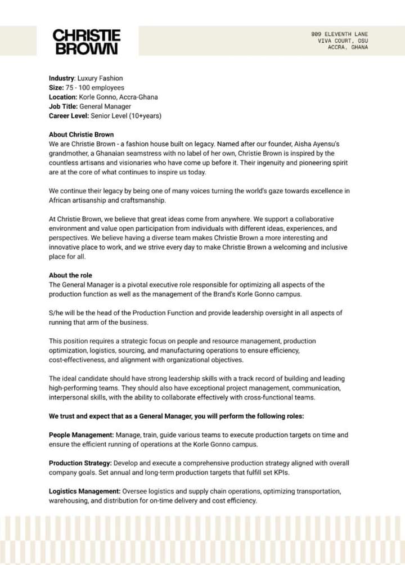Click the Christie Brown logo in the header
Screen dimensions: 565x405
87,42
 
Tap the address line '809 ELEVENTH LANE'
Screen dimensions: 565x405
340,34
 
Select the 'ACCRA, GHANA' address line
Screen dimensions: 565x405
348,47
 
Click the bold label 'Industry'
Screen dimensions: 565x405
61,78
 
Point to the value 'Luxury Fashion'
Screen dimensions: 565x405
100,78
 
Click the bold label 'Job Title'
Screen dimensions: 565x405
62,106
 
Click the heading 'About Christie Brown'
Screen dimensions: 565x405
81,134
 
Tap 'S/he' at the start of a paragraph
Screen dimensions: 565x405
56,313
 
